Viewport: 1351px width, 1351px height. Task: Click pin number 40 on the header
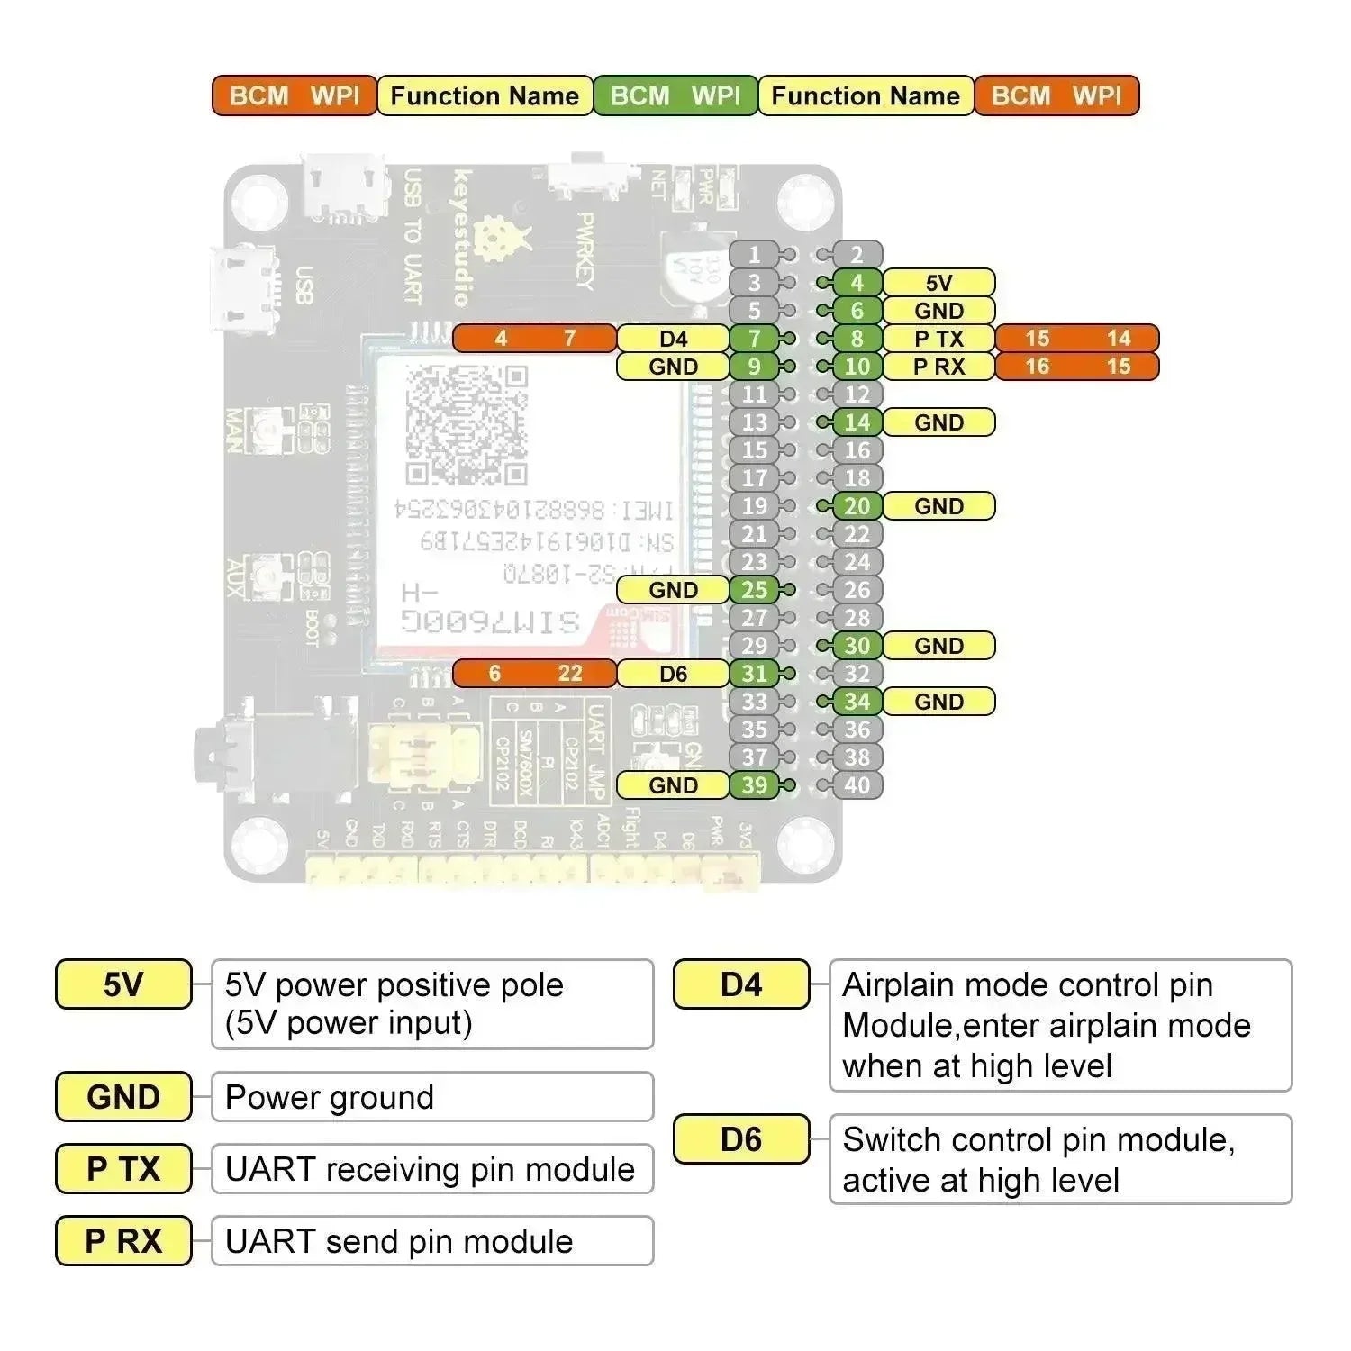(857, 785)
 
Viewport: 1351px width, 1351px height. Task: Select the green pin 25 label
(755, 590)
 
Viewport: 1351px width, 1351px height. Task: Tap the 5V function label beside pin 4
(938, 283)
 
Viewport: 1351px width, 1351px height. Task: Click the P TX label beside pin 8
(938, 339)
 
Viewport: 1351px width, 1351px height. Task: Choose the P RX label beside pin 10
(938, 367)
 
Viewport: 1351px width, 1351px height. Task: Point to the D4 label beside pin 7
(673, 339)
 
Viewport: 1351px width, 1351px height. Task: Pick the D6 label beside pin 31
(673, 674)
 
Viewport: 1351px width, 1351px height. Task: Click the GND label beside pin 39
(673, 785)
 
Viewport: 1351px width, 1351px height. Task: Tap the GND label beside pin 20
(938, 506)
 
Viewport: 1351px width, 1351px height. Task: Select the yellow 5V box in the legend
(123, 984)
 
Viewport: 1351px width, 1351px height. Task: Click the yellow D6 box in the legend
(741, 1139)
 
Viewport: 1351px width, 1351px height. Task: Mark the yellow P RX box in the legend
(123, 1241)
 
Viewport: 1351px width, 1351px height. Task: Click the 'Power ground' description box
(432, 1097)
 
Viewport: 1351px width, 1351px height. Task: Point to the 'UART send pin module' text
(399, 1241)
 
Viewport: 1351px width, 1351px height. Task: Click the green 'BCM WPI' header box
(675, 95)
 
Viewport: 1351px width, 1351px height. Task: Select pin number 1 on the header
(755, 255)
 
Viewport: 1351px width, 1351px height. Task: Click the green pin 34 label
(857, 702)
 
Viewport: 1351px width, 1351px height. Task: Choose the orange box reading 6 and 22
(534, 674)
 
